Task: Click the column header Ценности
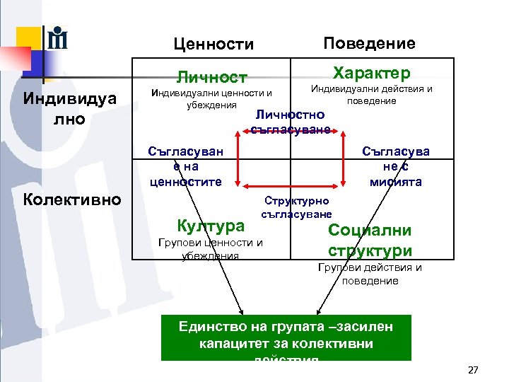(213, 45)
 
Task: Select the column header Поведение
(369, 43)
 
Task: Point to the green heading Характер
(371, 74)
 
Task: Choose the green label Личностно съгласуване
(290, 121)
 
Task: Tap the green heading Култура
(211, 226)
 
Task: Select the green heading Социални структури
(370, 241)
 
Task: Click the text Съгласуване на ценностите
(185, 166)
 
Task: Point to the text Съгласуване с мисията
(395, 166)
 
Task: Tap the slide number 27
(473, 370)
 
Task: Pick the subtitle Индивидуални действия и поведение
(371, 95)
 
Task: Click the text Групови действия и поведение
(370, 274)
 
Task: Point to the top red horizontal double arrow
(290, 134)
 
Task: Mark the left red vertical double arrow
(238, 160)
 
